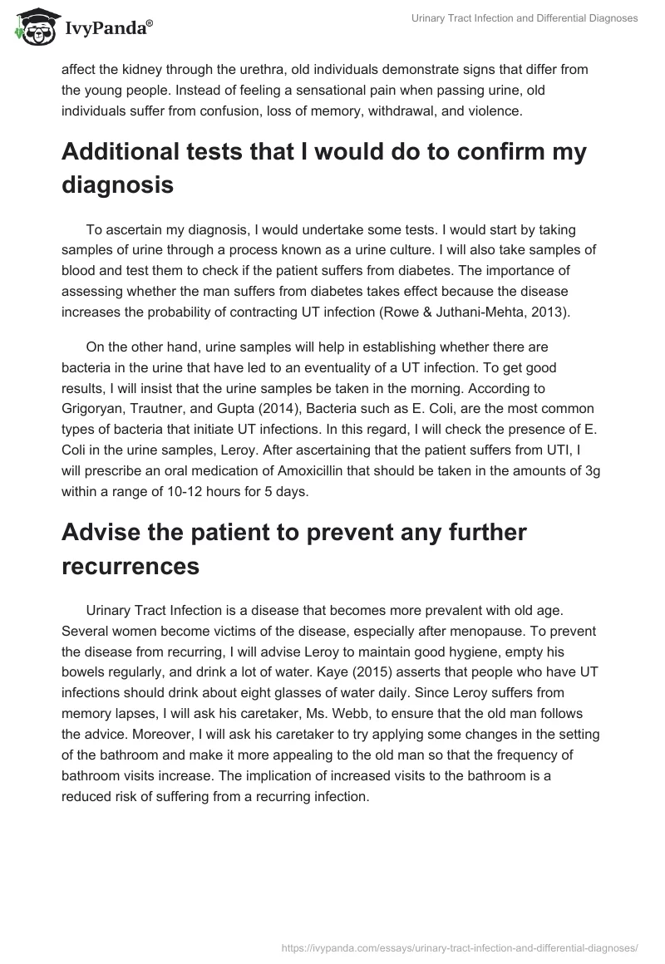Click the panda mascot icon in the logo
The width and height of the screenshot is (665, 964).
pyautogui.click(x=34, y=28)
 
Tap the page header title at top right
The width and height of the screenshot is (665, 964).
pyautogui.click(x=525, y=19)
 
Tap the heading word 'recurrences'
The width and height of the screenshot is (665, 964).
pyautogui.click(x=131, y=566)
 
